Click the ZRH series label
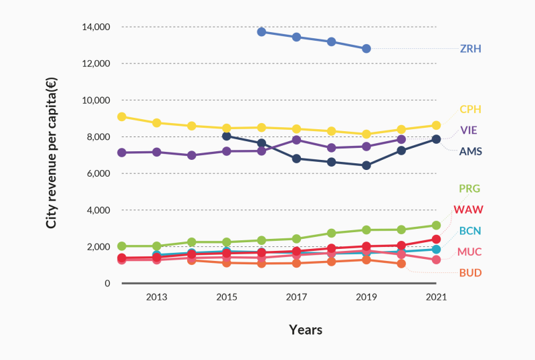click(x=471, y=49)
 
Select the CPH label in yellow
click(x=471, y=109)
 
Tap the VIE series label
click(x=469, y=130)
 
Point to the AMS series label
click(x=471, y=151)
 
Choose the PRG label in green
click(x=470, y=189)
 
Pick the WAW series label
click(x=468, y=209)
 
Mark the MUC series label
click(x=469, y=252)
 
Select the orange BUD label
click(x=470, y=273)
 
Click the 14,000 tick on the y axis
click(x=96, y=27)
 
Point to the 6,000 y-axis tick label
click(x=98, y=173)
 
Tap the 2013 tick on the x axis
click(x=156, y=296)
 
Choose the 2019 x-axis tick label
click(x=366, y=296)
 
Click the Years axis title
click(x=306, y=330)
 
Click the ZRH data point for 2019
click(x=366, y=49)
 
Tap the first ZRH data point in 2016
click(x=261, y=31)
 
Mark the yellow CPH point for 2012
click(x=122, y=116)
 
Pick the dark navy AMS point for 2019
click(x=366, y=165)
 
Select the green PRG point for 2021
click(x=436, y=226)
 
